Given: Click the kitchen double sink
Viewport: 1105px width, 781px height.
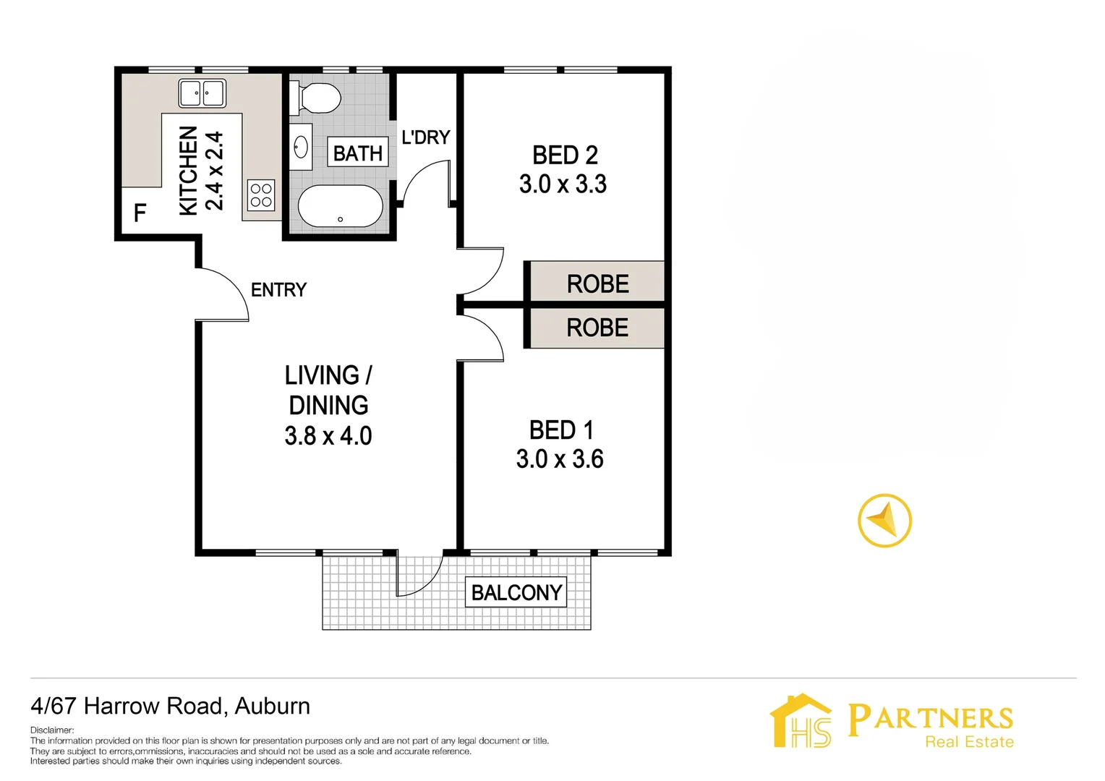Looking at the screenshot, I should tap(202, 93).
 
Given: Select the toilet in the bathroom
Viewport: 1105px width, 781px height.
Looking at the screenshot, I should tap(316, 98).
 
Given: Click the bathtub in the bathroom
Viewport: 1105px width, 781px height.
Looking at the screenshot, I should tap(341, 207).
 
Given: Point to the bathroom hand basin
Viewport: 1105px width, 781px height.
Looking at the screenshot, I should tap(301, 148).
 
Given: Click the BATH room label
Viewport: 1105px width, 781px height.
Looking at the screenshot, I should tap(358, 153).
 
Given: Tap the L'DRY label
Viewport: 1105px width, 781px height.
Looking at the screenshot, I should tap(425, 137).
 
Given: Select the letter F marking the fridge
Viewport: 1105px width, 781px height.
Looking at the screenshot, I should tap(140, 213).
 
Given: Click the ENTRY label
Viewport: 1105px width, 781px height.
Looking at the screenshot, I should tap(278, 290).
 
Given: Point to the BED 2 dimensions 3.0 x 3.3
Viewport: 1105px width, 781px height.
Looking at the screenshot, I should tap(563, 184).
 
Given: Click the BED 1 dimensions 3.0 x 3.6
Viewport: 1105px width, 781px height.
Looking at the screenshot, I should tap(560, 459).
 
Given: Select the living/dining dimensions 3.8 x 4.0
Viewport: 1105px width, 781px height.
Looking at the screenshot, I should tap(328, 436).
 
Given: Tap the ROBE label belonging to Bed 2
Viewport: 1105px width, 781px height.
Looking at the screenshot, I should tap(597, 283).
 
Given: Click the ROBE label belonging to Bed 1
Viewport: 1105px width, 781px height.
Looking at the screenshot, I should tap(597, 328).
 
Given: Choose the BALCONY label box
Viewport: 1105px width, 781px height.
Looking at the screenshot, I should tap(516, 592).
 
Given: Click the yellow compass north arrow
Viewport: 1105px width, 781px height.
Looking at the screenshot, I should tap(884, 521).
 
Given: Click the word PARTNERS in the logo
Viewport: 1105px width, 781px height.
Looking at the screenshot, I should tap(930, 719).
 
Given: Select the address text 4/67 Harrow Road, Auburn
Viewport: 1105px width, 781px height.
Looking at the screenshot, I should tap(171, 706).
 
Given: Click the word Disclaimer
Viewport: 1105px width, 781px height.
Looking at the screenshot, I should tap(52, 730).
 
